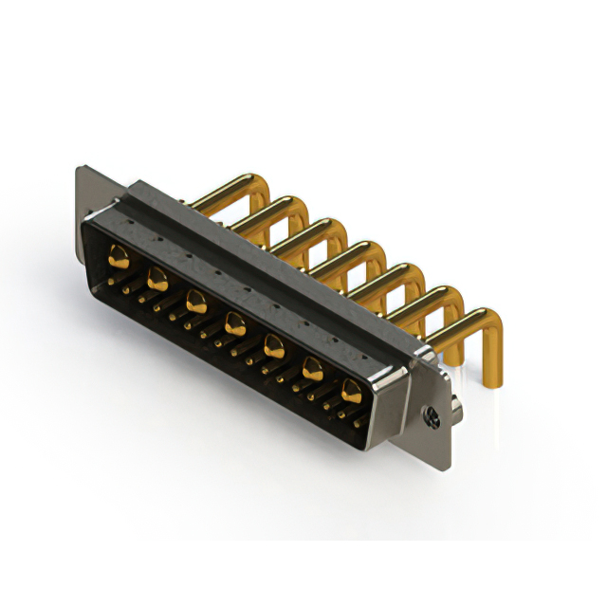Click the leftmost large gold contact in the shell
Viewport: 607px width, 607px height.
coord(119,254)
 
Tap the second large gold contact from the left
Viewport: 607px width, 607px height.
coord(157,278)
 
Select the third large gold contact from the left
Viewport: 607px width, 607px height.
coord(196,303)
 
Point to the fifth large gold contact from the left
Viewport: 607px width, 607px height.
coord(273,345)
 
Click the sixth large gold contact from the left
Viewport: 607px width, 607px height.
coord(312,367)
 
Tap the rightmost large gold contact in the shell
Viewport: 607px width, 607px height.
coord(351,388)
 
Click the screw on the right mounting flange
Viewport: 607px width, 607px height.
coord(432,414)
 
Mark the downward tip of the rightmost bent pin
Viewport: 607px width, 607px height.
coord(494,383)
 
